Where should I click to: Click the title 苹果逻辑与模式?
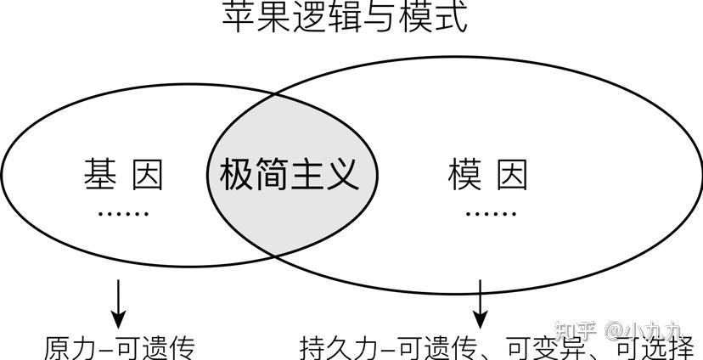[x=345, y=17]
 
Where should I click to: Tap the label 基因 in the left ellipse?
[x=123, y=174]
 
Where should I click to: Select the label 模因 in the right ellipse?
[x=488, y=174]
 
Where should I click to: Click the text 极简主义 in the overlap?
[x=290, y=174]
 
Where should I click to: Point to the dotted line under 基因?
[x=123, y=214]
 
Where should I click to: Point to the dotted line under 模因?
[x=491, y=214]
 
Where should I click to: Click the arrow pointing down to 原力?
[x=118, y=304]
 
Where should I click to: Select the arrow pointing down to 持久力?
[x=481, y=304]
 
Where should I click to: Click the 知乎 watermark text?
[x=576, y=331]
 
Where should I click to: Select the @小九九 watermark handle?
[x=644, y=331]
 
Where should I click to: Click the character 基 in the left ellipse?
[x=100, y=174]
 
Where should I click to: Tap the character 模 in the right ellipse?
[x=464, y=174]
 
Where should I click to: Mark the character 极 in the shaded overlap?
[x=236, y=174]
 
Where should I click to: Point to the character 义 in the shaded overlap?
[x=342, y=174]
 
